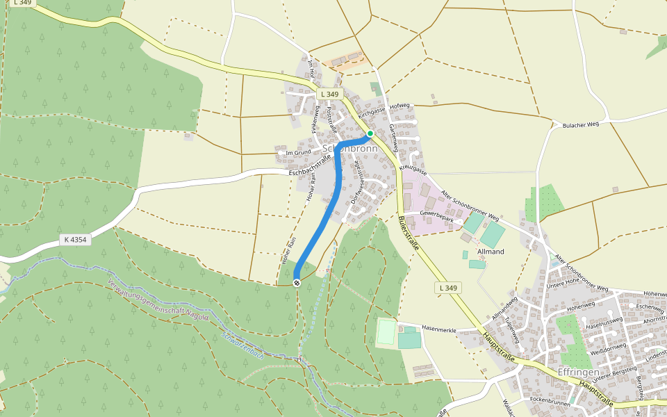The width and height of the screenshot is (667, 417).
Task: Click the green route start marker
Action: tap(370, 133)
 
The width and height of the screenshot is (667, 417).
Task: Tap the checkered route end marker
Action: tap(297, 282)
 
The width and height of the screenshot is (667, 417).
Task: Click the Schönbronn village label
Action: tap(350, 149)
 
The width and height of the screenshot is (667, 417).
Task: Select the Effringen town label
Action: tap(578, 372)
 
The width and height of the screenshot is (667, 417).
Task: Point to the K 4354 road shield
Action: tap(75, 240)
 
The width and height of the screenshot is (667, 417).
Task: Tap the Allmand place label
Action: tap(491, 251)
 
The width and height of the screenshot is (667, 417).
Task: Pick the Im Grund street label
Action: tap(298, 152)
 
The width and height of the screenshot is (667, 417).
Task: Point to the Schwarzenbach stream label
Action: tap(242, 343)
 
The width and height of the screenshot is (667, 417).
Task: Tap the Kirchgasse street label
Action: tap(372, 111)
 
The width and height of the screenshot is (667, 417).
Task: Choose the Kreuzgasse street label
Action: tap(412, 169)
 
